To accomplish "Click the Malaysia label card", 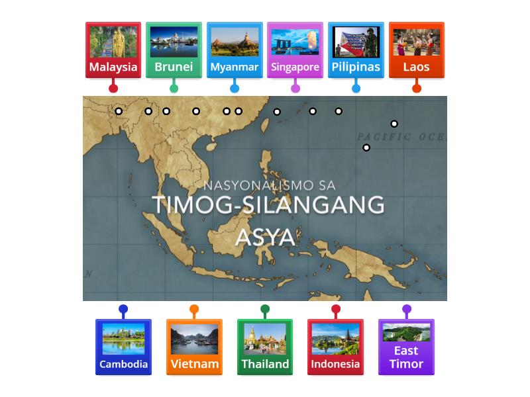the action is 113,50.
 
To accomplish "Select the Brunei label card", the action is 174,50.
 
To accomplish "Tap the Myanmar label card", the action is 235,50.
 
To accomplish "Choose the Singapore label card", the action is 295,50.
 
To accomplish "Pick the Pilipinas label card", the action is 356,50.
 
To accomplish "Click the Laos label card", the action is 416,50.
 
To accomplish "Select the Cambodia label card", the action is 123,347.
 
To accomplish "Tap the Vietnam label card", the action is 194,347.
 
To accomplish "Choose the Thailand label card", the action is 265,347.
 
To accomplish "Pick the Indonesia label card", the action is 335,347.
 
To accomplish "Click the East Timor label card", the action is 406,347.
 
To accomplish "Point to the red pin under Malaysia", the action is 113,88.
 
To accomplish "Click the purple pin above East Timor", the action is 407,309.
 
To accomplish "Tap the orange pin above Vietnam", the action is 194,309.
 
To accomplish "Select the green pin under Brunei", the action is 174,88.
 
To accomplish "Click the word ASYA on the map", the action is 265,236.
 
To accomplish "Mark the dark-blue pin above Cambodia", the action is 123,309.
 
